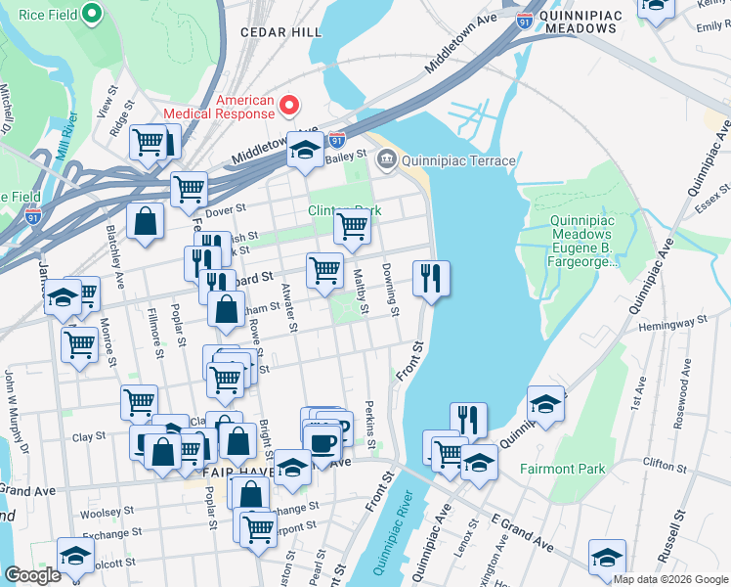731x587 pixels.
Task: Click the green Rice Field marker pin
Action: coord(92,14)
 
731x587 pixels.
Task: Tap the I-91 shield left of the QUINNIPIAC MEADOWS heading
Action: coord(526,19)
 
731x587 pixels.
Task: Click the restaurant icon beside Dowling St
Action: coord(431,279)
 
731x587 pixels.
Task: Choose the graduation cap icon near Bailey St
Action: coord(305,151)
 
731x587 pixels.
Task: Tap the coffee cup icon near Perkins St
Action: coord(322,441)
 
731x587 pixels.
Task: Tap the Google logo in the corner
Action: coord(32,574)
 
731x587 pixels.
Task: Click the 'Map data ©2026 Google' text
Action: coord(670,579)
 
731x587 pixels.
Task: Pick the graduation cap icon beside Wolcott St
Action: coord(74,556)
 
